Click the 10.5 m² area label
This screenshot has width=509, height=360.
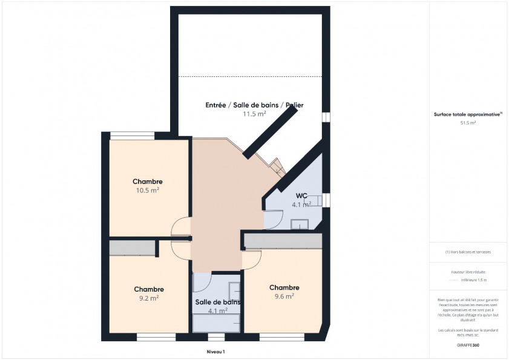148,190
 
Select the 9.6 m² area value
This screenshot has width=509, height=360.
284,296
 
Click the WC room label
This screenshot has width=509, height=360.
301,195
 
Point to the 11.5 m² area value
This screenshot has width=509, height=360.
254,114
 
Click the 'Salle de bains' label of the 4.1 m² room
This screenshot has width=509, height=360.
217,302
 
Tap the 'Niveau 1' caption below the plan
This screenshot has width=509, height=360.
215,352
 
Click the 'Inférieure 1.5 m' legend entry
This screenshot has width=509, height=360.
473,280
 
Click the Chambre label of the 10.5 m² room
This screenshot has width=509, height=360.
148,182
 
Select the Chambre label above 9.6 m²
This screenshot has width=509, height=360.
284,287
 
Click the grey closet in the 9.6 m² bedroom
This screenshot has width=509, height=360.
283,241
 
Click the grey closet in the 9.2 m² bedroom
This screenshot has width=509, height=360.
132,247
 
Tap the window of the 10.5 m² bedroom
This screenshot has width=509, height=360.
131,136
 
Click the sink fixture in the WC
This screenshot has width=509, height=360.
300,225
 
